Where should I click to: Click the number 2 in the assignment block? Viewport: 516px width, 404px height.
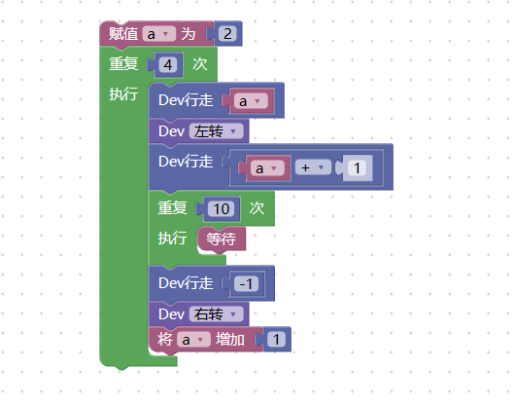tap(227, 34)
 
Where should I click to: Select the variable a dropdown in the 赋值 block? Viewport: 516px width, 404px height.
tap(159, 34)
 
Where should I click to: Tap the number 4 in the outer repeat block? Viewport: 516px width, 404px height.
tap(168, 65)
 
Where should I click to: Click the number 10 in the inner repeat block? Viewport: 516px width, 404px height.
tap(222, 208)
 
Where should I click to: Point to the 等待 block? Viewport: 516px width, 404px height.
tap(222, 239)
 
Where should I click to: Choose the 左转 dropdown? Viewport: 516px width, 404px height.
tap(217, 131)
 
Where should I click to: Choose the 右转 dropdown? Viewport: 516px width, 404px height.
tap(217, 314)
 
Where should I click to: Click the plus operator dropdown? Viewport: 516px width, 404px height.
tap(309, 167)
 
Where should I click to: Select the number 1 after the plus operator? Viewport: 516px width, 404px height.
tap(358, 168)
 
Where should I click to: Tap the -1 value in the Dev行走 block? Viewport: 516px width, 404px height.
tap(247, 284)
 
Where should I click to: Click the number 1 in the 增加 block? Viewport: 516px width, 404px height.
tap(276, 340)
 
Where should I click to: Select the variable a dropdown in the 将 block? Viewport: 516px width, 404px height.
tap(193, 340)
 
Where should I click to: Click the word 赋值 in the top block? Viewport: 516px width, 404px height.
tap(123, 34)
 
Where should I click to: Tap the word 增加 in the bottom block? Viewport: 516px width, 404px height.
tap(230, 340)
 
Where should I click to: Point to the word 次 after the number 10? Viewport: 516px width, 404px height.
tap(257, 208)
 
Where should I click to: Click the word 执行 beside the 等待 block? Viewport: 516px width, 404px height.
tap(172, 238)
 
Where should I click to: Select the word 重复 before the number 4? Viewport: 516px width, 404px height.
tap(123, 63)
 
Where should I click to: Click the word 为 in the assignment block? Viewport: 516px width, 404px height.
tap(189, 34)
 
